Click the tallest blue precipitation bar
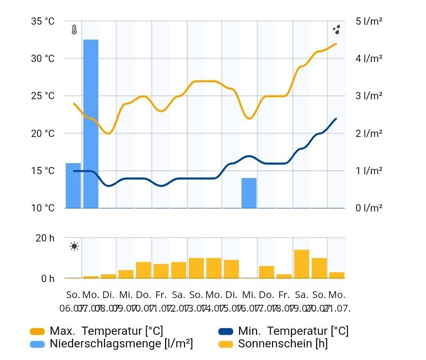point(91,123)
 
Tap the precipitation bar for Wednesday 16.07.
point(249,193)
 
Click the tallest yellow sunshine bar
point(302,264)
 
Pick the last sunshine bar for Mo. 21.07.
point(337,275)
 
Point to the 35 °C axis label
point(43,21)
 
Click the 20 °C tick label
point(43,134)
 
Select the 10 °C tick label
point(43,209)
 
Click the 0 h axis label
point(48,279)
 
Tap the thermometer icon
point(74,30)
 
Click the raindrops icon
point(337,30)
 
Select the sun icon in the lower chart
point(74,246)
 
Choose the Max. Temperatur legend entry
point(106,331)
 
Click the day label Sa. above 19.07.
point(302,295)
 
